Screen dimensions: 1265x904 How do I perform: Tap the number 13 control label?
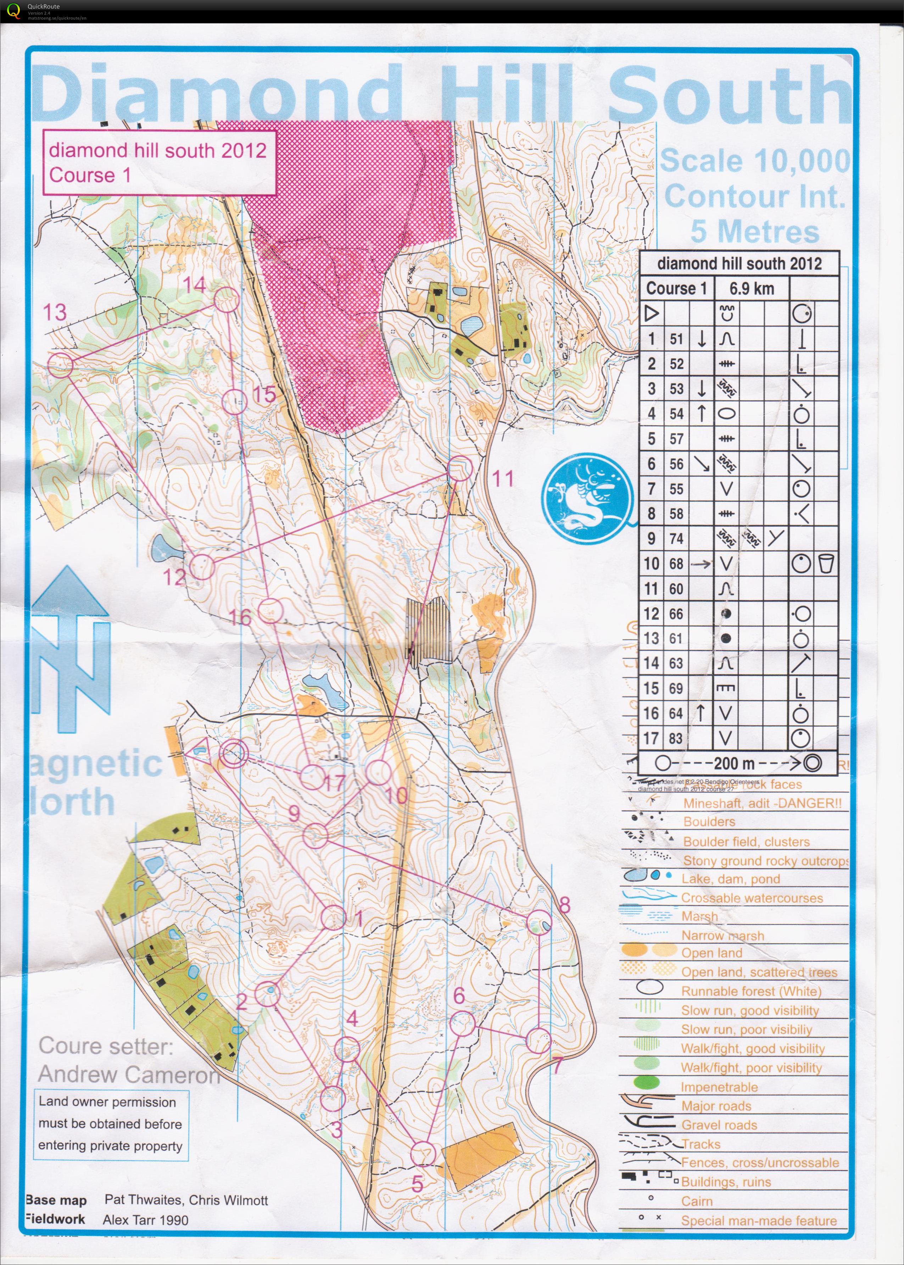pyautogui.click(x=55, y=312)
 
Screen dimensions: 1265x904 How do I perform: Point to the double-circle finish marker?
pyautogui.click(x=233, y=754)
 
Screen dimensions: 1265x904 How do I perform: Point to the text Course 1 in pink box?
pyautogui.click(x=90, y=175)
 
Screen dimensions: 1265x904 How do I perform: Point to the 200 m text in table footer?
pyautogui.click(x=734, y=763)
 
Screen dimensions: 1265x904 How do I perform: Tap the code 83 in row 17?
pyautogui.click(x=676, y=738)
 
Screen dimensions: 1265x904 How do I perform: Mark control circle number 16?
pyautogui.click(x=271, y=610)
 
